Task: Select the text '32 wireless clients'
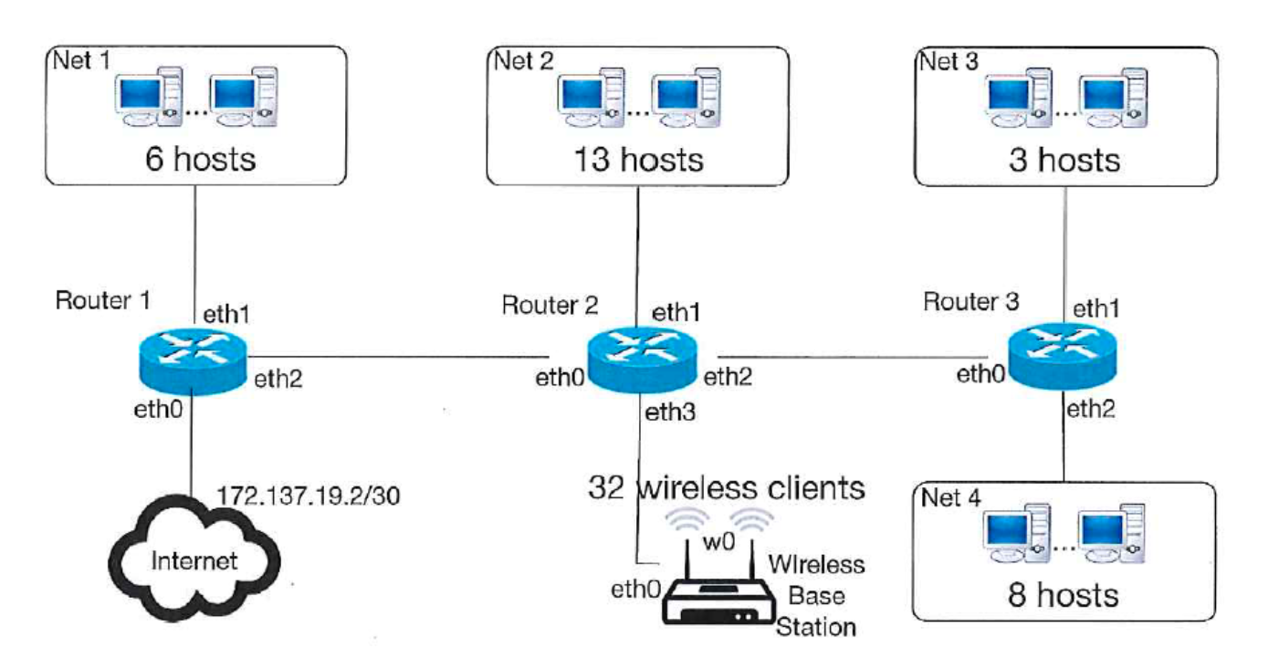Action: [x=726, y=488]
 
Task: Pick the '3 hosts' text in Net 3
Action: [x=1064, y=160]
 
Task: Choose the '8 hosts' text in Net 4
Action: [x=1064, y=595]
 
